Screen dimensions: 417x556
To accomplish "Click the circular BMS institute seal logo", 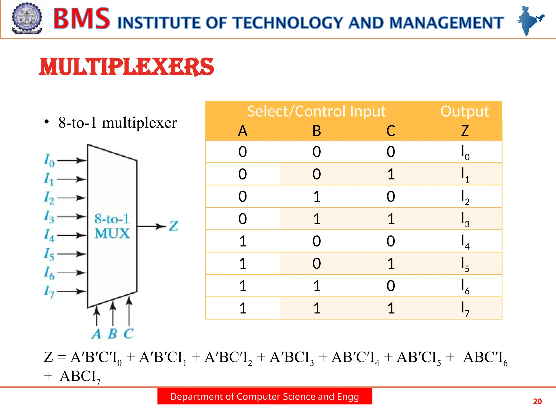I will coord(27,18).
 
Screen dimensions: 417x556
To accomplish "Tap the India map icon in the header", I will coord(530,20).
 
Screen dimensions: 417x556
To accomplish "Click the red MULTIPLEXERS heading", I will coord(126,67).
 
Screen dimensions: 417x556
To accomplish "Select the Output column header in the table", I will coord(465,111).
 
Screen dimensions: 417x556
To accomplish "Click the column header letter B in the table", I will coord(317,131).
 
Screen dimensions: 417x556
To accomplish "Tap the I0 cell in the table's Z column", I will coord(465,152).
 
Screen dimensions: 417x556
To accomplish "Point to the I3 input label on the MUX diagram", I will coord(49,217).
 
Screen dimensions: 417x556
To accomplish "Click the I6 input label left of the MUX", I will coord(49,273).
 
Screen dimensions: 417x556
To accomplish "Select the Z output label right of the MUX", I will coord(173,226).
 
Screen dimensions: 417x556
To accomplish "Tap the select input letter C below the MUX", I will coord(129,334).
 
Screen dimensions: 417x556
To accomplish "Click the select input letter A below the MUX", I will coord(96,334).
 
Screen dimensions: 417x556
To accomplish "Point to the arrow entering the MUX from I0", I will coord(71,160).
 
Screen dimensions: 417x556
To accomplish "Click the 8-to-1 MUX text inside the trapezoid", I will coord(112,226).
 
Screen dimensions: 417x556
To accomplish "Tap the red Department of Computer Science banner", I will coord(265,396).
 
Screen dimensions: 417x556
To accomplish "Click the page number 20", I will coord(537,401).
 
